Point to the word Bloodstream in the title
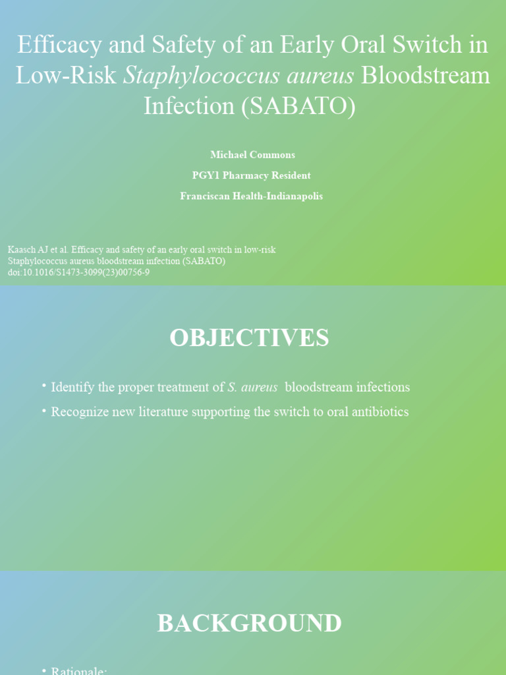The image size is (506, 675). [426, 76]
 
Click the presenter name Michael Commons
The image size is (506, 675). [252, 155]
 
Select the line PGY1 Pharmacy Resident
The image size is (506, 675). [251, 175]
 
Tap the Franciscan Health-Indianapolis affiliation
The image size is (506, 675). [251, 196]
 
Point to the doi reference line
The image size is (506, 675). [78, 272]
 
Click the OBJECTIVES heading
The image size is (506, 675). [249, 338]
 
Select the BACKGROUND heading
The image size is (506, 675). [249, 624]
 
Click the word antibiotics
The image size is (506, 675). [376, 412]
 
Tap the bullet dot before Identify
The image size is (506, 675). [43, 386]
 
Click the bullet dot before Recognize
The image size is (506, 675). [43, 410]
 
